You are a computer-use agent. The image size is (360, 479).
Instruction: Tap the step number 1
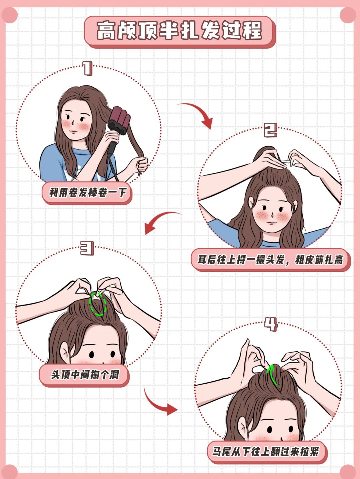pos(88,68)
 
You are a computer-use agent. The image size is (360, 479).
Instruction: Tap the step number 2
pos(270,130)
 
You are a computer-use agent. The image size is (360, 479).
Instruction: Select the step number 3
pos(87,249)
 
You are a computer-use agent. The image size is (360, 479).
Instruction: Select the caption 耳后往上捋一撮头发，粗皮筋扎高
pos(270,260)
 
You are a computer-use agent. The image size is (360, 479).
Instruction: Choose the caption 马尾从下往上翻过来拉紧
pos(266,452)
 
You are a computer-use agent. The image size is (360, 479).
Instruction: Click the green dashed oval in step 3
pos(98,304)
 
